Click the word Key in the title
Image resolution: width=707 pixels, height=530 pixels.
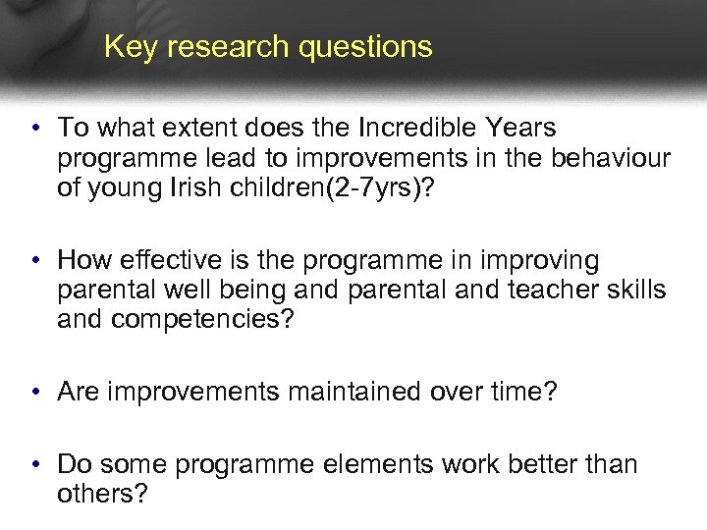pyautogui.click(x=125, y=47)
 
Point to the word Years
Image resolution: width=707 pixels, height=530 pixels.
pyautogui.click(x=521, y=129)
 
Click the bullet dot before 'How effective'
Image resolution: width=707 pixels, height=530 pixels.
pyautogui.click(x=34, y=261)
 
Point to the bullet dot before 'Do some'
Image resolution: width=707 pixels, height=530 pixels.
pyautogui.click(x=34, y=464)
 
